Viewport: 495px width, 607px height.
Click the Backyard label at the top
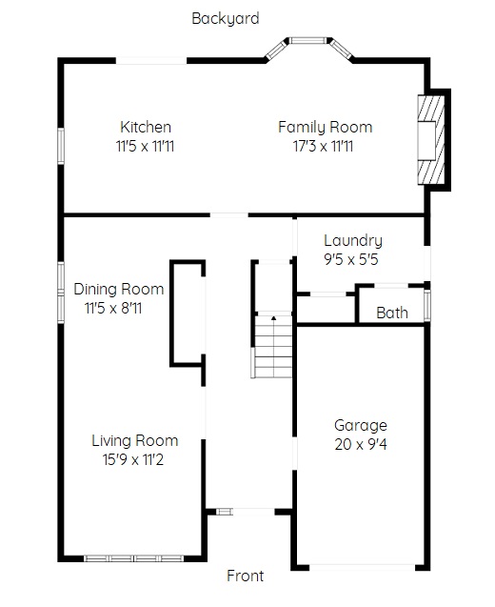225,18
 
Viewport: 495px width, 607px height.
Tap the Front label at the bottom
245,576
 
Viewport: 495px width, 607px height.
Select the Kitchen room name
146,127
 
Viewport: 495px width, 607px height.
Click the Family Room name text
325,127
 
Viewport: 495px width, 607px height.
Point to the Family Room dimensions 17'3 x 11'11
324,146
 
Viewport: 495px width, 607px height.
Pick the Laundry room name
352,240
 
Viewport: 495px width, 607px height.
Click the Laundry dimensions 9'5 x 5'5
351,258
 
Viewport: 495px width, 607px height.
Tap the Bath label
392,313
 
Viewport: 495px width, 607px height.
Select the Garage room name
360,425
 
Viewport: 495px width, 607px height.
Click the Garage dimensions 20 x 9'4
360,444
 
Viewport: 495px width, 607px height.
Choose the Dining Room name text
118,289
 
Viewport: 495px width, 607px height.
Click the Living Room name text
134,440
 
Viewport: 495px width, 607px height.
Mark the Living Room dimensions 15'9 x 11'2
134,459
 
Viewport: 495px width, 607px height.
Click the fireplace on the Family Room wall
432,139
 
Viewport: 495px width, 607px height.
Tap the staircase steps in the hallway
272,348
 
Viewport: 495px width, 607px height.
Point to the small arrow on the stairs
273,317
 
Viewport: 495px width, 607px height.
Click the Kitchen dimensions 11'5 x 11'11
146,146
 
